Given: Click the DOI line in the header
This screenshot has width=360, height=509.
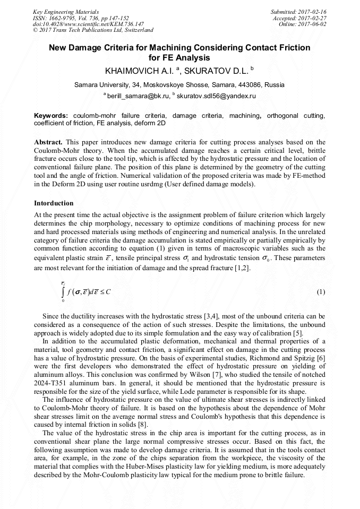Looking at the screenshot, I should (x=88, y=24).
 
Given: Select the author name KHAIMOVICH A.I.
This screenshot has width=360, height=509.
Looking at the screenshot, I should (x=137, y=70).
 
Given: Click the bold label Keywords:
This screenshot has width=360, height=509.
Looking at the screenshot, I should (x=51, y=115).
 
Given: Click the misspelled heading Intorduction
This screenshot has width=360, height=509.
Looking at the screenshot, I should (x=54, y=203).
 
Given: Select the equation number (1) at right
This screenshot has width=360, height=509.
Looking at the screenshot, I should (x=321, y=292).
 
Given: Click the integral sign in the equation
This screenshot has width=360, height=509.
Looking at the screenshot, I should (x=63, y=292).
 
